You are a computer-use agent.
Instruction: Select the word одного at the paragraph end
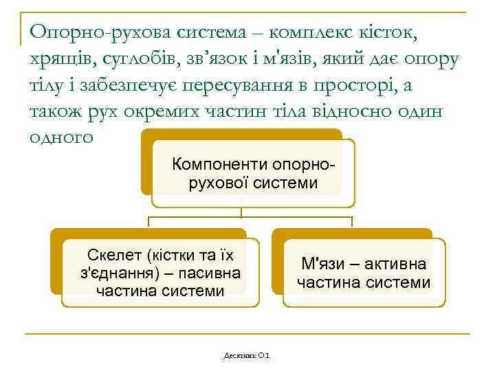point(61,137)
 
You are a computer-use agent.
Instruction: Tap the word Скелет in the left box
point(116,256)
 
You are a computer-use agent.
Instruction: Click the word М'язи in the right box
point(324,265)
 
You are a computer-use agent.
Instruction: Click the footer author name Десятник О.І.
point(247,355)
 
